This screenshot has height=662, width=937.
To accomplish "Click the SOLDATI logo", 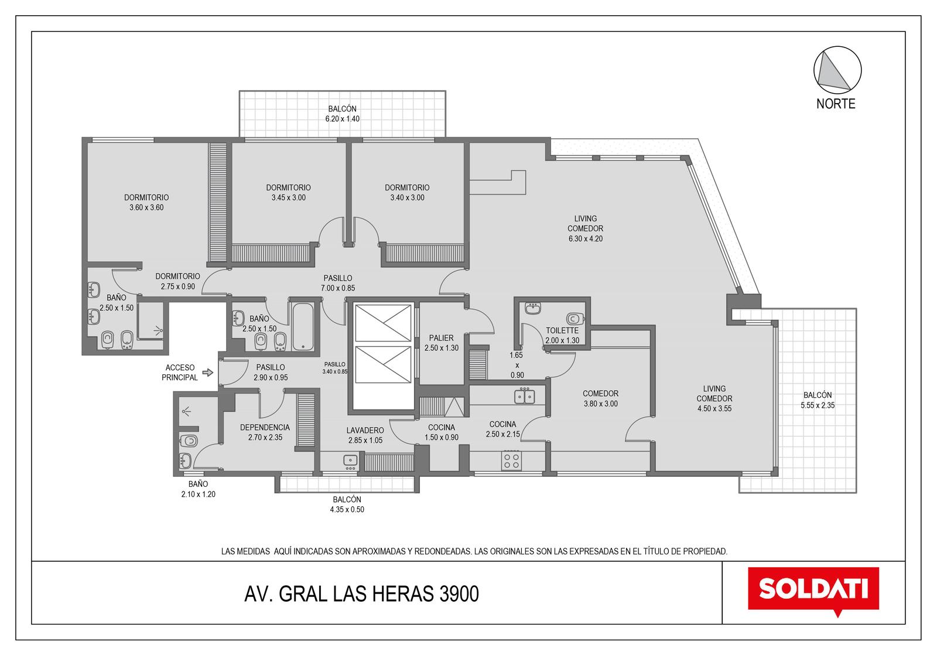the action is [813, 591].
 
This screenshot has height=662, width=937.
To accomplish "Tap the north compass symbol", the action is [837, 70].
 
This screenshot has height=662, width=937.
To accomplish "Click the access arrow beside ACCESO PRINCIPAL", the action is [208, 372].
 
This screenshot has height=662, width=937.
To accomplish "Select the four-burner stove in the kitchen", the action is [511, 460].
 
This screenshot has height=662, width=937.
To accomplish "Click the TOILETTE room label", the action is [562, 330].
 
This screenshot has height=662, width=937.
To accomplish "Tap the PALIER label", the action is [441, 337].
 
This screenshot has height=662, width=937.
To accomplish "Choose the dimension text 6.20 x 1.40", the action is [342, 119].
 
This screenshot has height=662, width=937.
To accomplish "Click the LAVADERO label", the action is [365, 430].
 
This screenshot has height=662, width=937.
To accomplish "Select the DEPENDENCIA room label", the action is [265, 427].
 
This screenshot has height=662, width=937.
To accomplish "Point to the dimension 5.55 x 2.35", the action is [818, 405].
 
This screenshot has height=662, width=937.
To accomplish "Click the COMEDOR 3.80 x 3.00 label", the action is [600, 398].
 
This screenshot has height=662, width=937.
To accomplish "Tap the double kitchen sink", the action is [525, 395].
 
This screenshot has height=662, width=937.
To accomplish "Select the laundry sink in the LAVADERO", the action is [350, 460].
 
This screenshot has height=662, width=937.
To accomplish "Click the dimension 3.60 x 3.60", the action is [146, 207].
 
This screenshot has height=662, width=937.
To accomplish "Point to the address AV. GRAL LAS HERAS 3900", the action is [361, 593].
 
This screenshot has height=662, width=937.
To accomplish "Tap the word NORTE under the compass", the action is [836, 104].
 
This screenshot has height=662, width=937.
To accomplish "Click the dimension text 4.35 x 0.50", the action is [347, 510].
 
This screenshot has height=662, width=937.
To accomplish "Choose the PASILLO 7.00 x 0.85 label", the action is [338, 283].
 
